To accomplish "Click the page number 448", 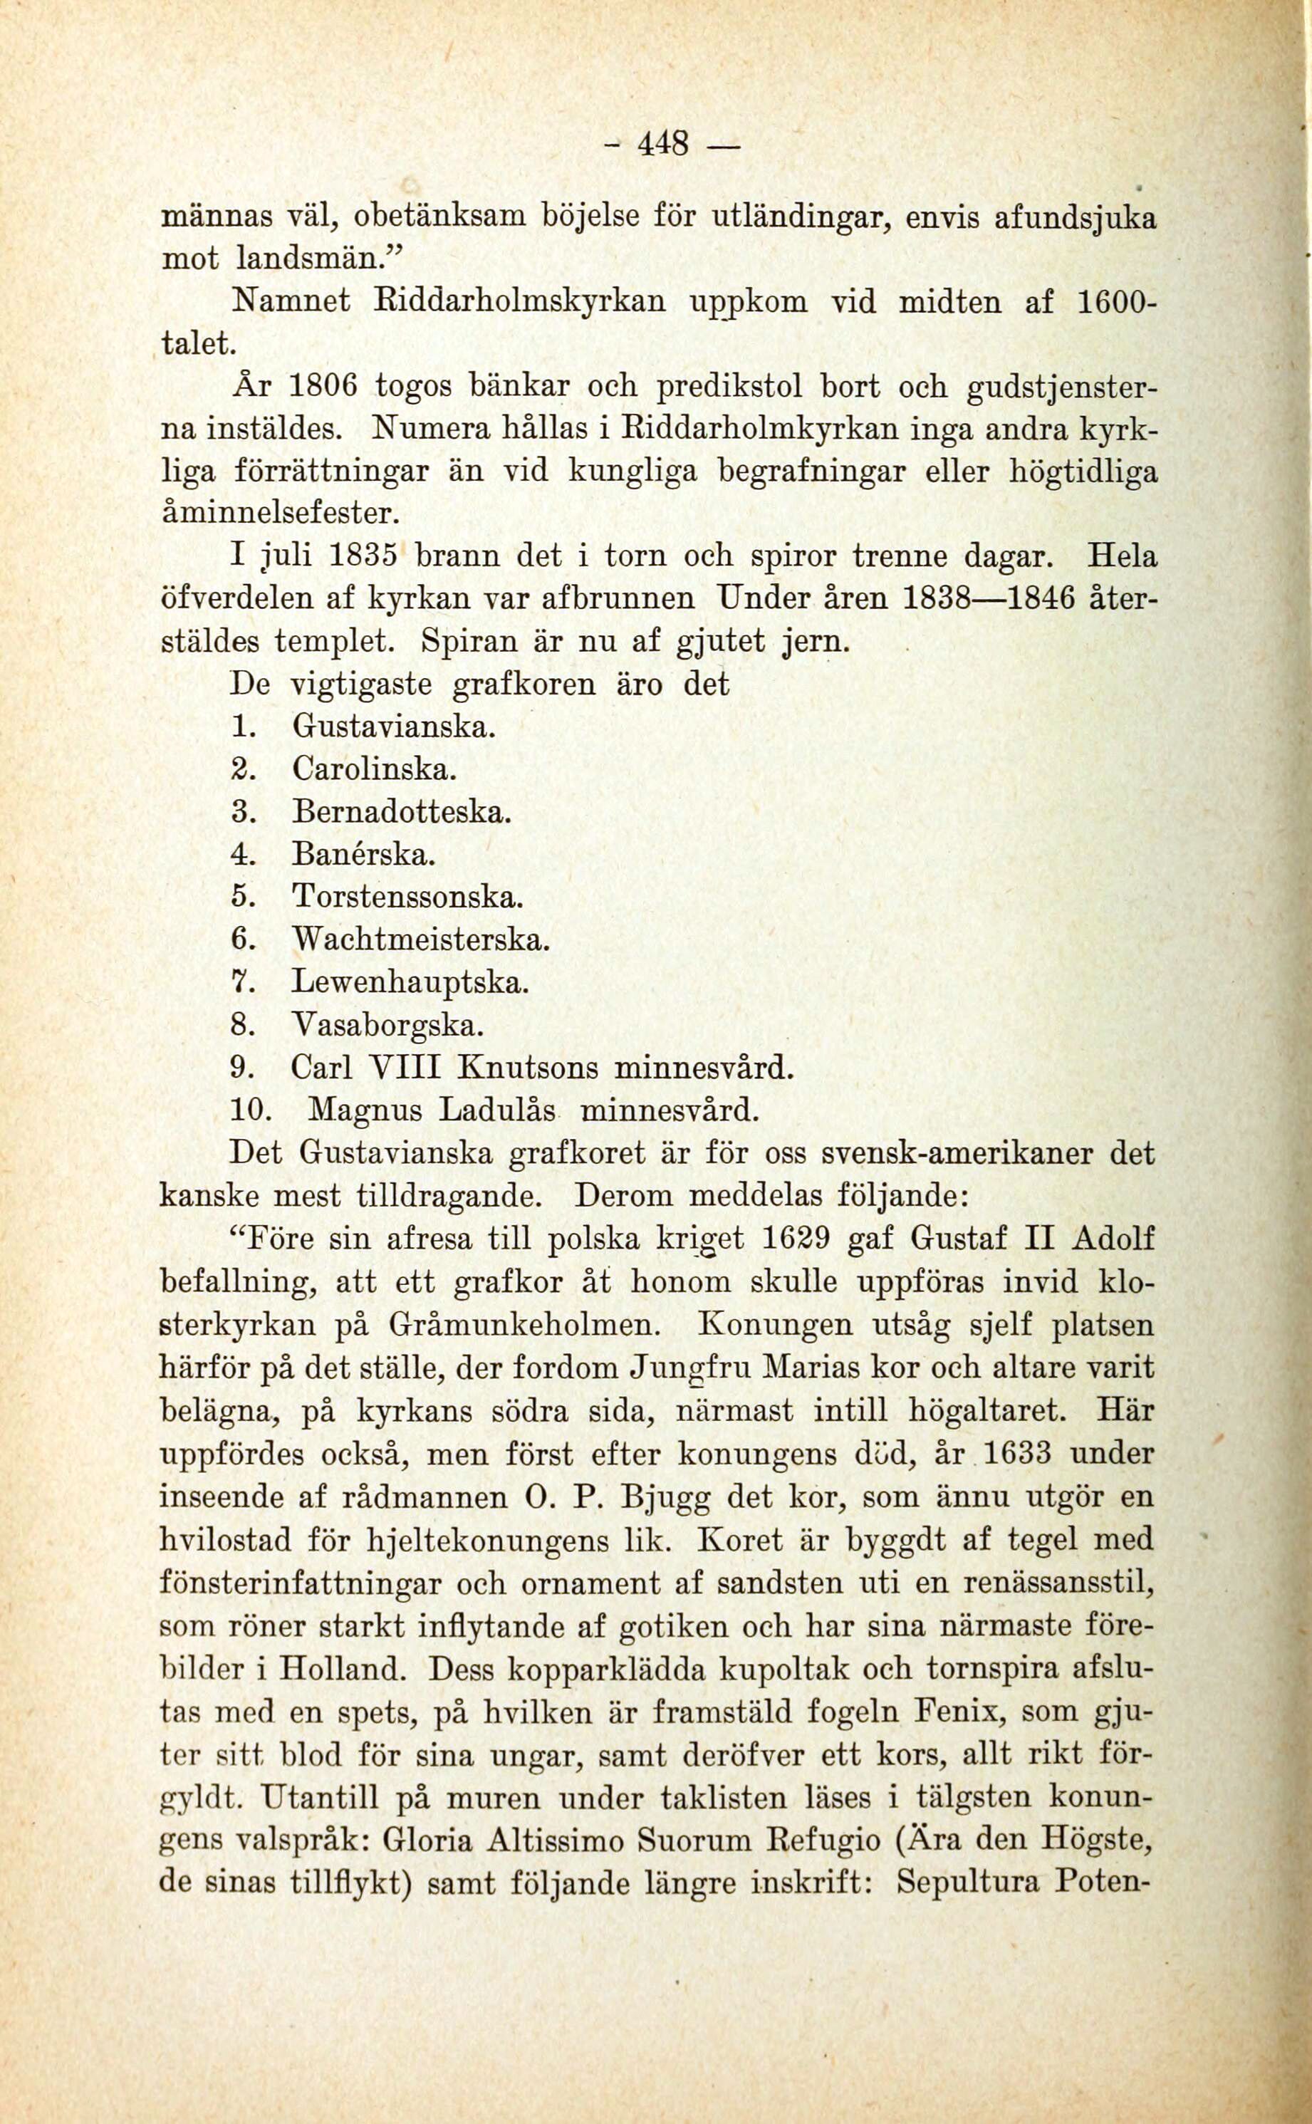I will point(663,142).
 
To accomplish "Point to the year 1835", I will point(363,556).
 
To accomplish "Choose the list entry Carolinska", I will point(373,769).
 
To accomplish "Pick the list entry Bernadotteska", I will point(401,812).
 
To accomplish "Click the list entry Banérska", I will point(362,855).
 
